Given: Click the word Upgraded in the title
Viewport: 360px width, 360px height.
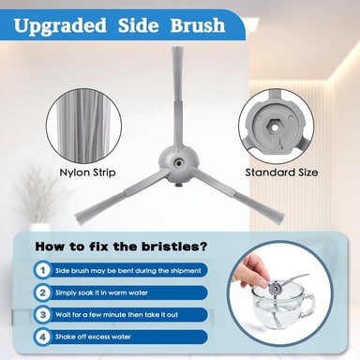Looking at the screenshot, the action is pos(60,26).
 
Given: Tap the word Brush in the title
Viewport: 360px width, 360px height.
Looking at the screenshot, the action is pos(198,25).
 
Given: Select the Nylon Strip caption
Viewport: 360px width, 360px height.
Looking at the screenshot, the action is pos(87,172).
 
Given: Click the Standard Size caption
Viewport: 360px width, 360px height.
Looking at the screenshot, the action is pos(281,172).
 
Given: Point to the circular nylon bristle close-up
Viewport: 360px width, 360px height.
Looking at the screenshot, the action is pos(83,125).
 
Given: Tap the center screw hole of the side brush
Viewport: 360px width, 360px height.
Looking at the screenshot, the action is pos(179,163).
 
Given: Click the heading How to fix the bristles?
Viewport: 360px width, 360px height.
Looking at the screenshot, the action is pos(121,247).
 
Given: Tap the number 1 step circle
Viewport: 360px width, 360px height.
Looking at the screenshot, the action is pos(43,270).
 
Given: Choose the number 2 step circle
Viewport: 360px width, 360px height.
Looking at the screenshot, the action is pos(43,292).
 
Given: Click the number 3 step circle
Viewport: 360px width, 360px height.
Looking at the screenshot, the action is pos(43,315).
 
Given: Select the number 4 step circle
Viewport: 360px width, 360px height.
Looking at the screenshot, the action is pos(43,337).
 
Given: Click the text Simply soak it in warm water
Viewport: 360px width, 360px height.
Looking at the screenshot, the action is pos(101,293).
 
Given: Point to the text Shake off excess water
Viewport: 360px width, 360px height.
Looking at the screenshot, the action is pos(93,337).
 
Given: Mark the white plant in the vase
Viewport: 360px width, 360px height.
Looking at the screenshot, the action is pos(37,195).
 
